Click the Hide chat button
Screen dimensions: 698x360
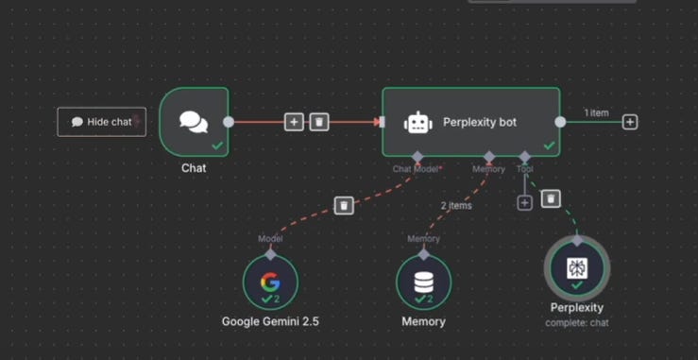101,122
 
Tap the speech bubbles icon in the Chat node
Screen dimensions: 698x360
194,122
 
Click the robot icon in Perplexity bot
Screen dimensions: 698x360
418,122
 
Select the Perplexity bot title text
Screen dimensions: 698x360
480,122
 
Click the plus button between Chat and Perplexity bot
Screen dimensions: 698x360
294,122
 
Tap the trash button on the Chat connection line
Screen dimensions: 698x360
319,122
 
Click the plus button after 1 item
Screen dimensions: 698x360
630,122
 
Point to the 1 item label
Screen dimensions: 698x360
596,113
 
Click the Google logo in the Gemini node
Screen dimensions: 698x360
270,282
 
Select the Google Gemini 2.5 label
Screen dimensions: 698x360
270,321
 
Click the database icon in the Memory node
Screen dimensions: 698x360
423,282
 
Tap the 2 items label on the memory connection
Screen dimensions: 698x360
456,206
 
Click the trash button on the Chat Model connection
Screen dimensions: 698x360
344,205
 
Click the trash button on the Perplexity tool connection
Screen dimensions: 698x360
551,198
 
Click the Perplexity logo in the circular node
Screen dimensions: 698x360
577,268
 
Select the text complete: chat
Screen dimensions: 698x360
577,322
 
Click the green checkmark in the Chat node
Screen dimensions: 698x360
217,146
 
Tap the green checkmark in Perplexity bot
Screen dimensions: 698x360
550,146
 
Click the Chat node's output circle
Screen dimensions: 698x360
229,122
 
